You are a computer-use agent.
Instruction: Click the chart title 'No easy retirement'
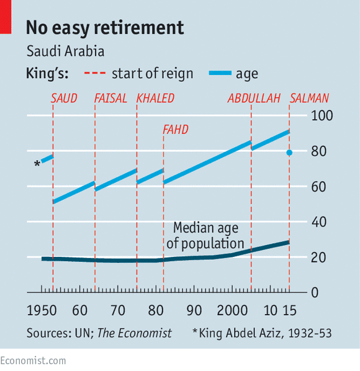(105, 29)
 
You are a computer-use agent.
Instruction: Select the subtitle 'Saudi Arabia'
(65, 51)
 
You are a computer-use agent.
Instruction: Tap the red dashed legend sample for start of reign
(95, 73)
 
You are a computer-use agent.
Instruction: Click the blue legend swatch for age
(220, 73)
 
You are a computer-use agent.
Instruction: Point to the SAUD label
(64, 98)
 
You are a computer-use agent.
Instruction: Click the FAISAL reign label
(110, 98)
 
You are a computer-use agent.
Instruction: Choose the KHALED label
(155, 98)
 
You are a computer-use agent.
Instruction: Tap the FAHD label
(176, 130)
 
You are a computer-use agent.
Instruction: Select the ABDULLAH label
(254, 98)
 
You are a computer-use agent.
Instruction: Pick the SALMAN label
(309, 98)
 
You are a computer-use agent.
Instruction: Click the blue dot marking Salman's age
(289, 153)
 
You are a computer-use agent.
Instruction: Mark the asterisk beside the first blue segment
(37, 164)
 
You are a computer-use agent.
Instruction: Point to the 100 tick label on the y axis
(322, 115)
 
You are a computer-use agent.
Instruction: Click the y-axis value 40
(318, 222)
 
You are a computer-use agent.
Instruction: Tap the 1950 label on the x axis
(42, 310)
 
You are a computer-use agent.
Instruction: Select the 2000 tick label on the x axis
(232, 310)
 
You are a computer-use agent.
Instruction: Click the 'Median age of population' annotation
(205, 235)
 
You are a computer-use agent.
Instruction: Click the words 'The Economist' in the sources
(135, 333)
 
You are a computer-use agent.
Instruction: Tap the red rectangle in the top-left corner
(6, 17)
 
